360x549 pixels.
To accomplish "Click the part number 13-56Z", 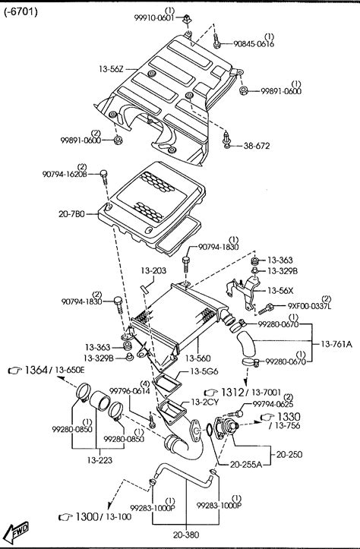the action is tap(111, 69).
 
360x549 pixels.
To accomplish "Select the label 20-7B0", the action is tap(71, 213).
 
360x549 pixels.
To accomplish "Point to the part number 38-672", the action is tap(257, 146).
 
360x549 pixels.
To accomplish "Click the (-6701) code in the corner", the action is tap(21, 12).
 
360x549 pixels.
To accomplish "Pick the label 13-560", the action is tap(198, 358).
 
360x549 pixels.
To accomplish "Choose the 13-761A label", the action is tap(336, 344).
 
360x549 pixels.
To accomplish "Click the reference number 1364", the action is tap(36, 370).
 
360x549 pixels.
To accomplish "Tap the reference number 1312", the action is tap(232, 393).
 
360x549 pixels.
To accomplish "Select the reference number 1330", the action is tap(289, 417).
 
